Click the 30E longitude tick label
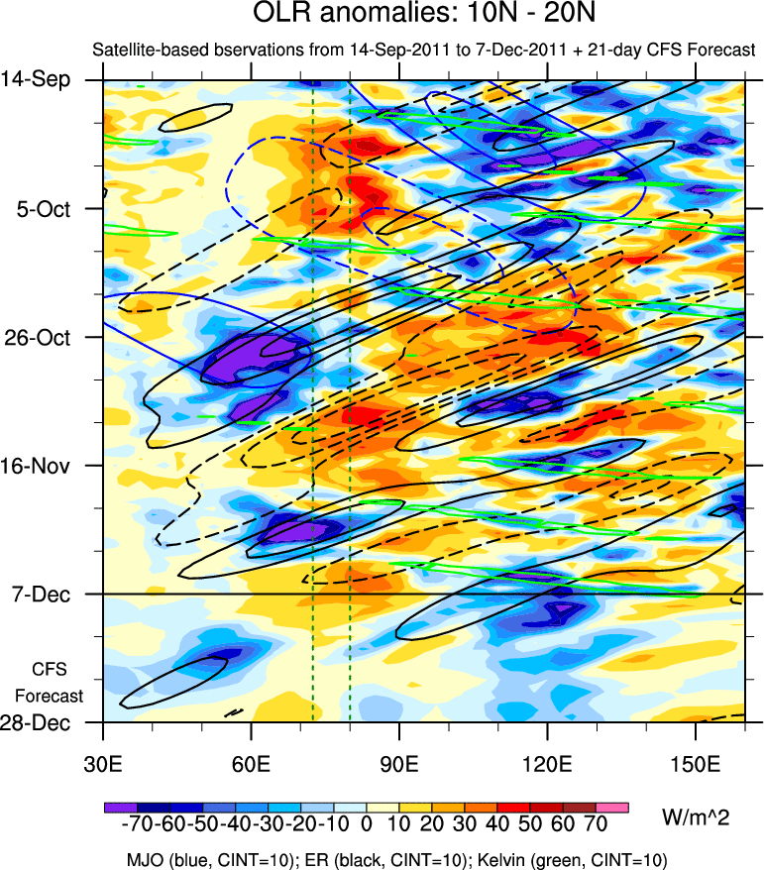[104, 764]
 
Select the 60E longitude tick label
[252, 764]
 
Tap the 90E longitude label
[399, 764]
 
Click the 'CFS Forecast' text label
[50, 682]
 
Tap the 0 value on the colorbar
[366, 824]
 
